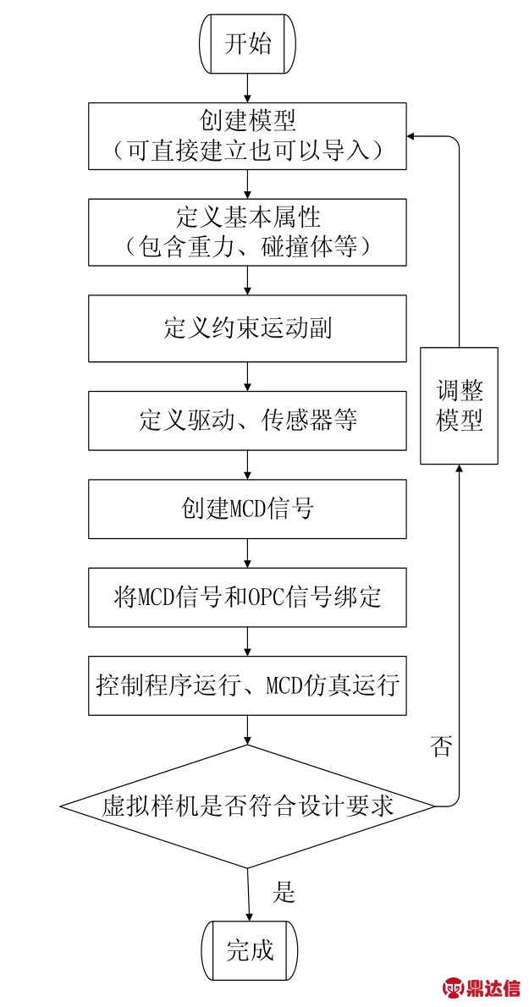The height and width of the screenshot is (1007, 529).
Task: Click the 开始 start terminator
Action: click(248, 45)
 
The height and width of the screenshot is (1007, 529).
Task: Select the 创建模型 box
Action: click(248, 136)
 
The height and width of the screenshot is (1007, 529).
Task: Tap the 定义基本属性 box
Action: click(248, 232)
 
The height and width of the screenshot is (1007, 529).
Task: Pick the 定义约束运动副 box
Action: click(248, 328)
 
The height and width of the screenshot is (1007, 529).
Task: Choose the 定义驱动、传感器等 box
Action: click(248, 421)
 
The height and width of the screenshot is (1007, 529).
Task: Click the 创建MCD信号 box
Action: click(248, 509)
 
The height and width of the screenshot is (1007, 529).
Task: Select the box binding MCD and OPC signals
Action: click(248, 597)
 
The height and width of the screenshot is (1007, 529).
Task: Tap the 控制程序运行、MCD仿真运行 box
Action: click(248, 685)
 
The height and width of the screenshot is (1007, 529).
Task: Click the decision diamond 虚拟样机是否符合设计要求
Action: click(248, 806)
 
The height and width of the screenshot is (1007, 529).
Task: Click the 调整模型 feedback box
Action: click(459, 406)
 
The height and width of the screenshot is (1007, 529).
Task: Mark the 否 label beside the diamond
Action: click(442, 747)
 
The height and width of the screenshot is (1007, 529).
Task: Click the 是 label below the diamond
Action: click(284, 891)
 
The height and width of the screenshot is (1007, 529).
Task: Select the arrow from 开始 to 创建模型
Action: click(248, 89)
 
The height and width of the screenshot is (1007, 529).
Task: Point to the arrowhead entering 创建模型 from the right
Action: click(412, 136)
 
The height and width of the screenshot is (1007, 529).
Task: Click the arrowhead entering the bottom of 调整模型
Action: click(459, 470)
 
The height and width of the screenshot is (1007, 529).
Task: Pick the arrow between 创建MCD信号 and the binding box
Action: click(248, 553)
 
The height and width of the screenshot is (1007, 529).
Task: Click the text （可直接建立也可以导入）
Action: click(248, 151)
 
